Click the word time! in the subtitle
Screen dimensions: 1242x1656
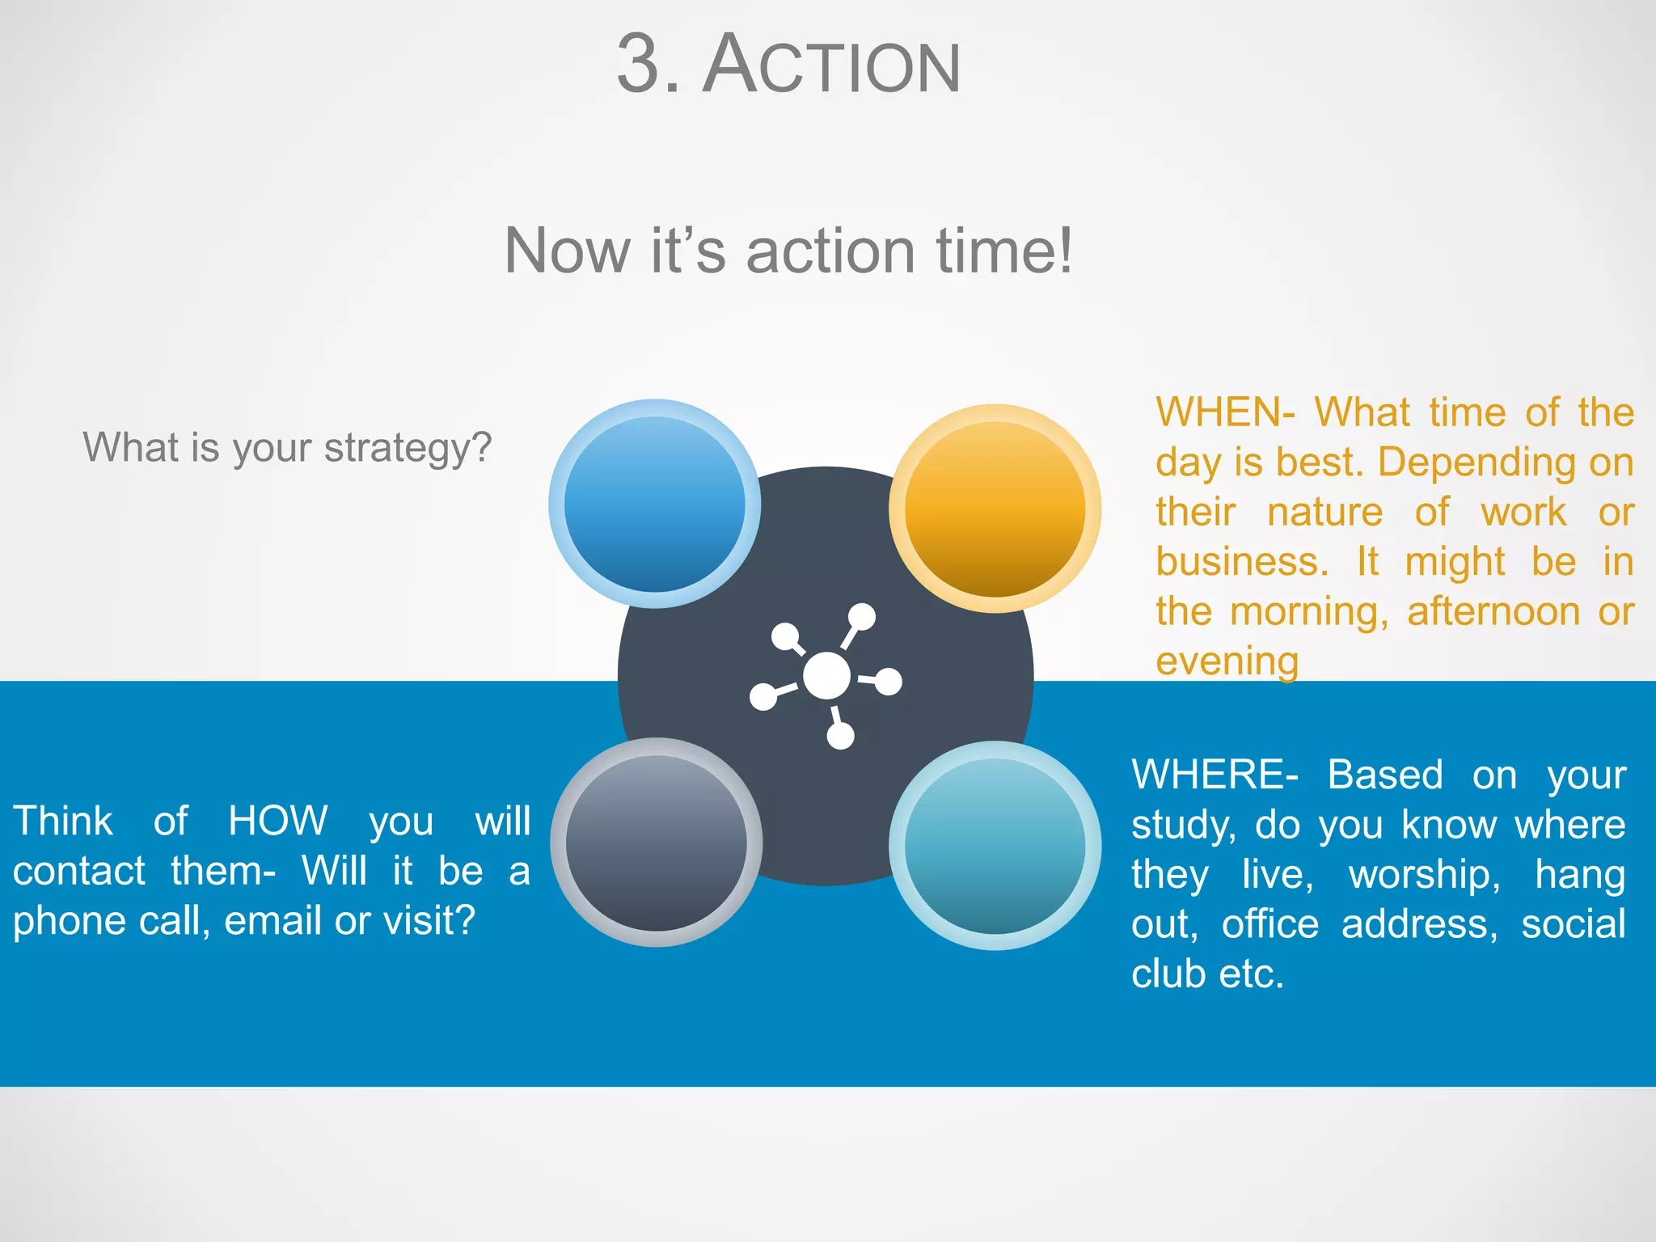click(x=1003, y=251)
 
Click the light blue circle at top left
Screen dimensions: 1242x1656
click(x=654, y=503)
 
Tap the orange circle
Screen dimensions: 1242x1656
click(x=995, y=508)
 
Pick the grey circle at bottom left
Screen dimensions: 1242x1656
click(x=656, y=843)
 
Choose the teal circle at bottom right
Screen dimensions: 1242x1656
click(x=995, y=845)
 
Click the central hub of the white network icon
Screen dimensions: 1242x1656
click(x=826, y=676)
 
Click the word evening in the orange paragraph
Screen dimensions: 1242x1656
click(x=1227, y=661)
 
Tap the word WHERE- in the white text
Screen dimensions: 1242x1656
click(x=1214, y=775)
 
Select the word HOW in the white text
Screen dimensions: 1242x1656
click(x=277, y=822)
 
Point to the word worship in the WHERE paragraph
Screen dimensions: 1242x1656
click(x=1423, y=875)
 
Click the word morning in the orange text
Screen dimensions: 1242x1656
click(x=1307, y=612)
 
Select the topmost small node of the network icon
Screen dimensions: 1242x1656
click(x=862, y=616)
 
